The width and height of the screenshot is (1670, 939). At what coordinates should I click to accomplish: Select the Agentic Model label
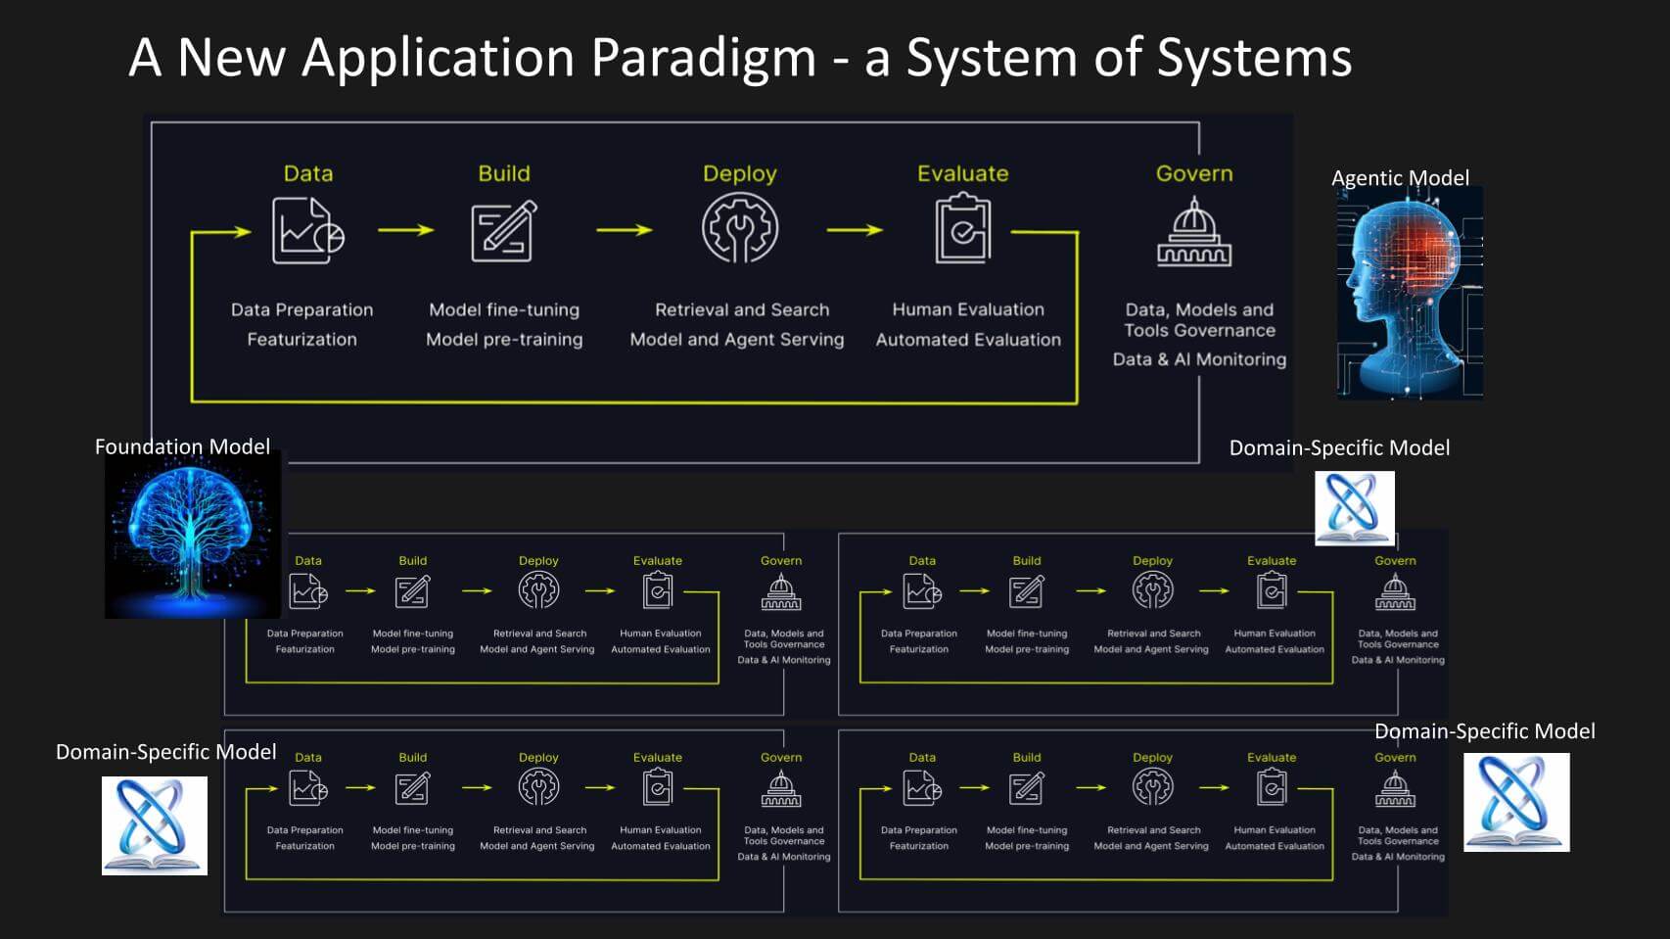1400,178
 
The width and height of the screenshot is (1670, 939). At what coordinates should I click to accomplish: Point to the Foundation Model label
182,446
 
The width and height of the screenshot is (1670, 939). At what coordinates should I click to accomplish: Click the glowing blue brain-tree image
193,534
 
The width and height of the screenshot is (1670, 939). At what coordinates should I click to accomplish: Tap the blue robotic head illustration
1410,292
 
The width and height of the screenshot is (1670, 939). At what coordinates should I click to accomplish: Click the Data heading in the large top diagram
308,173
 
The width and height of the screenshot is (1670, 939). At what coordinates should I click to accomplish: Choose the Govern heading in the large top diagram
1194,173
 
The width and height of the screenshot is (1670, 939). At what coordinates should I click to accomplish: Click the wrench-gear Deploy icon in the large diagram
740,229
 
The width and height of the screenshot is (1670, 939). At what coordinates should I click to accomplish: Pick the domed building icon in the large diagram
1194,232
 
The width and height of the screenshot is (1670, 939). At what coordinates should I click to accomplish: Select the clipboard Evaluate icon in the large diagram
963,229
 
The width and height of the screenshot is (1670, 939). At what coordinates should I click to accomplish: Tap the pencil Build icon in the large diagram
504,231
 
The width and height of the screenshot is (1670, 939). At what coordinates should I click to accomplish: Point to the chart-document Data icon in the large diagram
307,231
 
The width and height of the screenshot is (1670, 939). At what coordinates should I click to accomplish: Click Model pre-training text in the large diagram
504,340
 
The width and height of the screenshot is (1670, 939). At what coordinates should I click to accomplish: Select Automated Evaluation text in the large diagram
968,340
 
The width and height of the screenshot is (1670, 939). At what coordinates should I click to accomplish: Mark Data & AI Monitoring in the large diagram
1199,359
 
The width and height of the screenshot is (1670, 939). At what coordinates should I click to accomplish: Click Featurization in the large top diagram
302,340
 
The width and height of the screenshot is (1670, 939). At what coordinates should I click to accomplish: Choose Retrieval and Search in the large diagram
742,309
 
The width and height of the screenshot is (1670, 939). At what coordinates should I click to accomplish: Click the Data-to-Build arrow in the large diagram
405,230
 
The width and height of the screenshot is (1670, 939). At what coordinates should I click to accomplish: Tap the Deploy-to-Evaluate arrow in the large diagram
854,230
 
